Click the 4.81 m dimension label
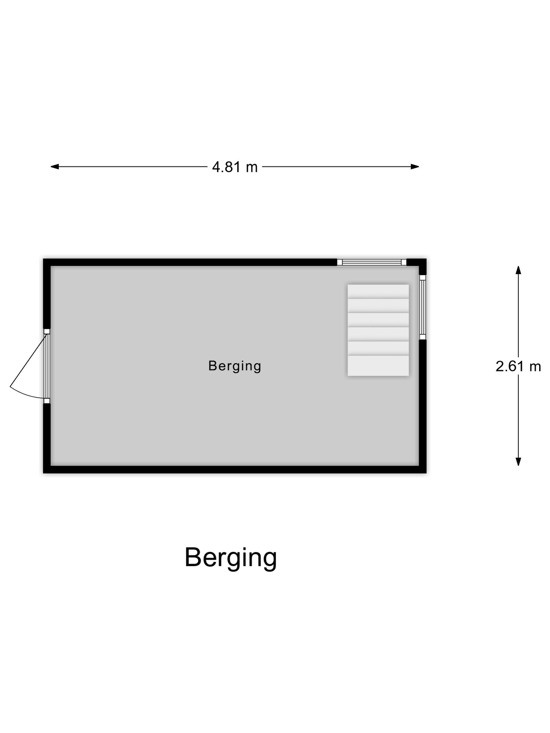235,167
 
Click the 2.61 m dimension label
518,366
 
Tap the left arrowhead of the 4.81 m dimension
54,167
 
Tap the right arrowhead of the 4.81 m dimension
415,167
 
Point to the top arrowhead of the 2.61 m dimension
518,270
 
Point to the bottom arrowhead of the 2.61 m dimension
518,462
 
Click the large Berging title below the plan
231,557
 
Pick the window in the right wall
423,307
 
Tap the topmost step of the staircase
378,292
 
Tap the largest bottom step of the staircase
378,366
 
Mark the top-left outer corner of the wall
43,259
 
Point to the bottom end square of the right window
423,337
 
